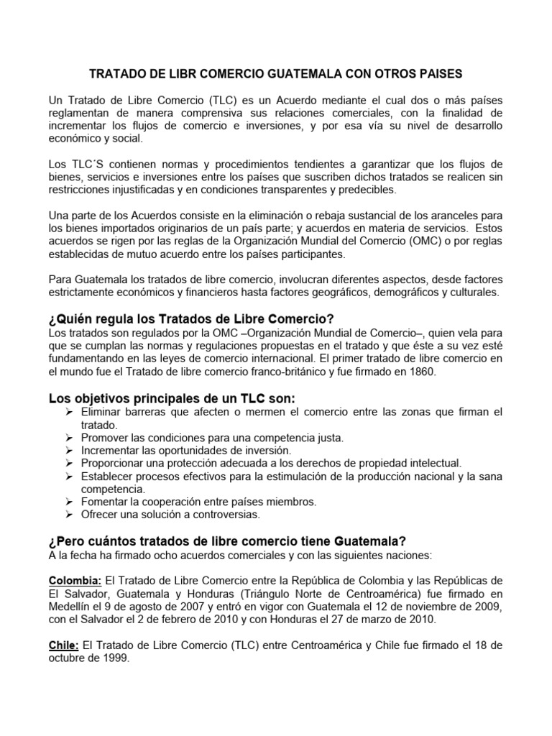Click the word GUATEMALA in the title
(315, 74)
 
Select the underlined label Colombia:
(75, 581)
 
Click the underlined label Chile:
(63, 645)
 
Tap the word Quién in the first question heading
(79, 318)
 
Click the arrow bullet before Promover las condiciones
(68, 437)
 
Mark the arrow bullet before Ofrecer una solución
(68, 515)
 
